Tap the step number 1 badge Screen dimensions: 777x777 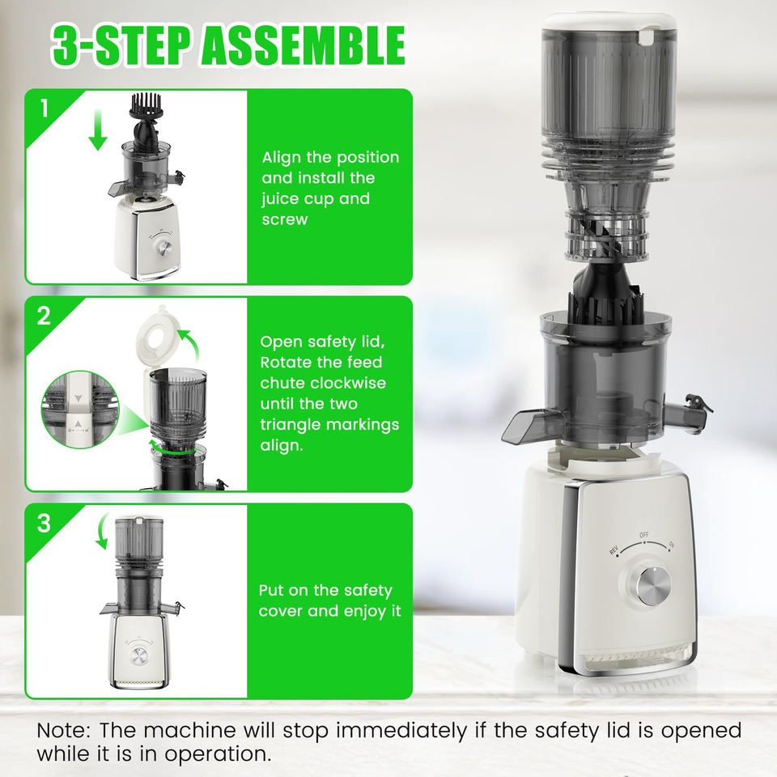click(45, 108)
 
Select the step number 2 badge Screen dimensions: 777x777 click(44, 316)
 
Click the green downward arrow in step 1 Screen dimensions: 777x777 click(98, 129)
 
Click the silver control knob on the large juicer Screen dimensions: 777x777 click(653, 586)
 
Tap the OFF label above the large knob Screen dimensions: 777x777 click(643, 535)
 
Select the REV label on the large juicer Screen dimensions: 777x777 click(614, 550)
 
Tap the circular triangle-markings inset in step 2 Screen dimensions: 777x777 click(80, 410)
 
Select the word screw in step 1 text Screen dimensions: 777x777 click(285, 219)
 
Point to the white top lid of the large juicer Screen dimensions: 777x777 click(609, 23)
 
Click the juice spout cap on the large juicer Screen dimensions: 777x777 click(700, 404)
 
